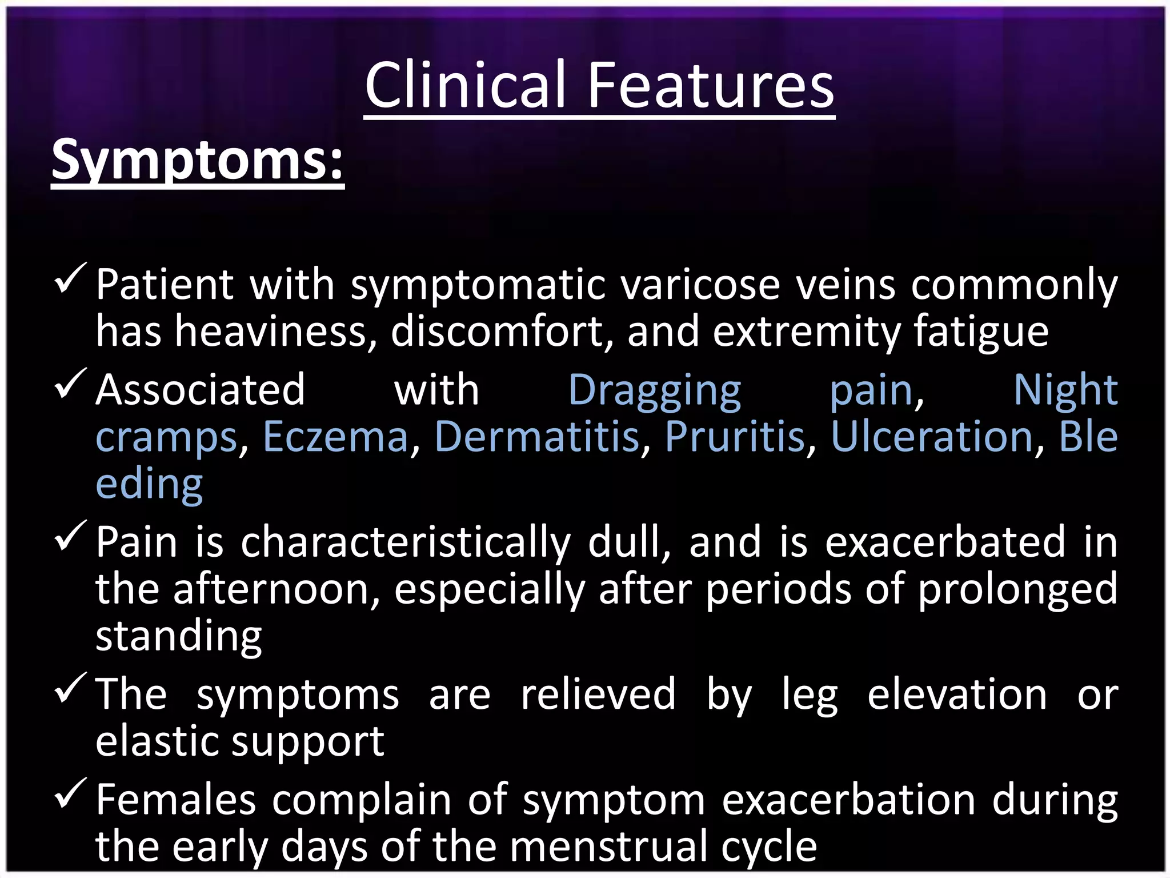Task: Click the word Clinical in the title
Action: pos(466,86)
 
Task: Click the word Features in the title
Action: pos(711,86)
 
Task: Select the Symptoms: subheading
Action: pos(197,160)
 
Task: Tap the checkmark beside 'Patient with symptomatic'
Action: pos(70,278)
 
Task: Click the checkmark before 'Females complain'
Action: pos(70,794)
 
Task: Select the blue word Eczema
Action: pos(336,437)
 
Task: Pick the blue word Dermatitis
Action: pos(537,437)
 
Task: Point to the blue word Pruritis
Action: pos(735,437)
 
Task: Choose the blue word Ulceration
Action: pos(932,437)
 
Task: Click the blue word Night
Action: pos(1065,390)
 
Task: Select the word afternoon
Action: pos(277,589)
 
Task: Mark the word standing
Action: pos(178,637)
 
